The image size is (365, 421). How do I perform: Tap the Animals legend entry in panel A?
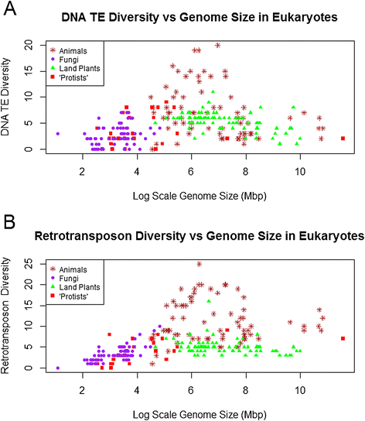[x=75, y=50]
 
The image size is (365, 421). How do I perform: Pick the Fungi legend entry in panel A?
[x=70, y=58]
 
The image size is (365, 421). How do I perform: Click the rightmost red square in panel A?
[x=343, y=139]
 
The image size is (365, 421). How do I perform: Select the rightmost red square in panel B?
[x=343, y=338]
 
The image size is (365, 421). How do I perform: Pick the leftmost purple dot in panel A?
[x=58, y=134]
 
